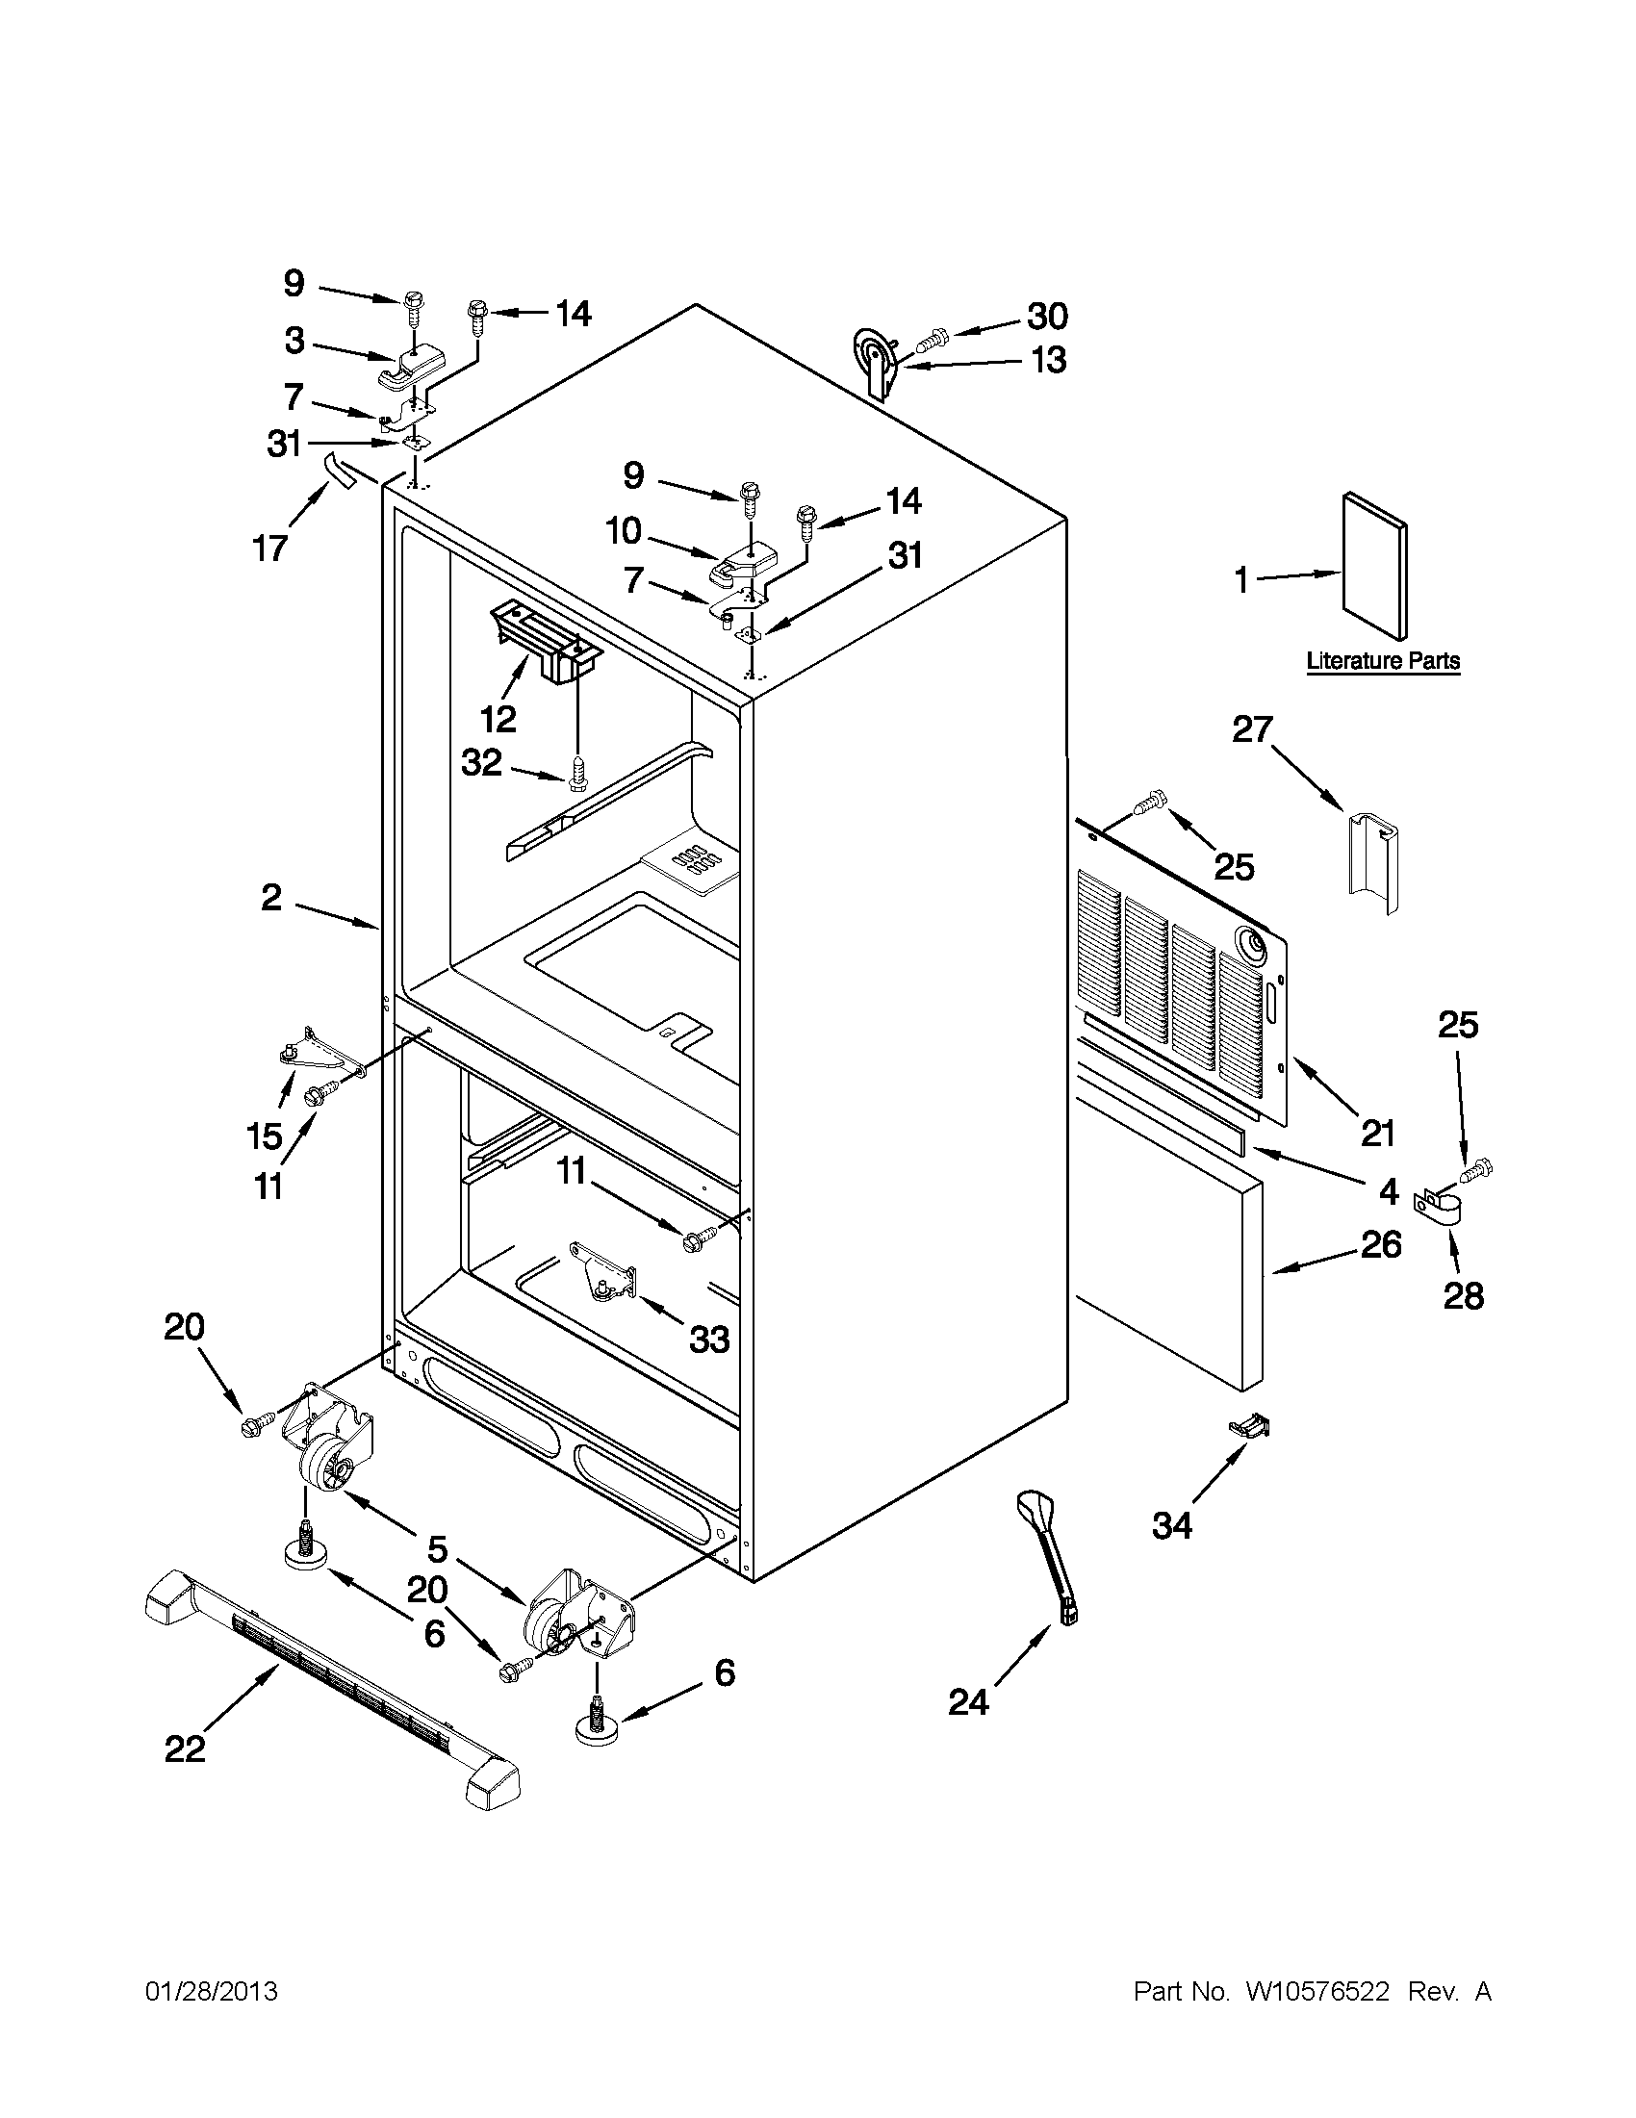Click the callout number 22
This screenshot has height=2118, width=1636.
(x=185, y=1748)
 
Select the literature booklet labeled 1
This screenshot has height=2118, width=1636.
(x=1374, y=567)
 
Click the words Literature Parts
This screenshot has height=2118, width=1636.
(x=1383, y=661)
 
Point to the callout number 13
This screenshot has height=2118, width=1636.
(x=1047, y=361)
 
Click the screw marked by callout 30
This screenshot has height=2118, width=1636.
(x=933, y=340)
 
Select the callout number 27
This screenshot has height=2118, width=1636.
(x=1252, y=729)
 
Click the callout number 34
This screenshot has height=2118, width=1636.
(x=1171, y=1525)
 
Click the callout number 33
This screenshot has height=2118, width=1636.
(x=709, y=1340)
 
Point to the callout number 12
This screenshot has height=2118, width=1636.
(x=497, y=719)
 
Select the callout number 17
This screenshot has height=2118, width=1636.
(x=270, y=549)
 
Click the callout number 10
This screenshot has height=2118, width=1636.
(x=623, y=530)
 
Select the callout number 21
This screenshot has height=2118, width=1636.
(x=1377, y=1132)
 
